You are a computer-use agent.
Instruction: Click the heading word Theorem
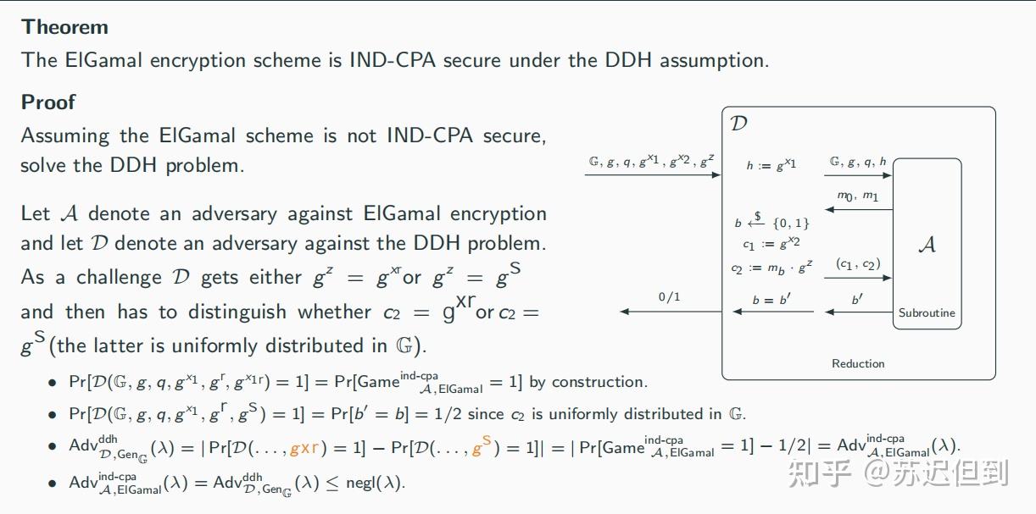click(64, 27)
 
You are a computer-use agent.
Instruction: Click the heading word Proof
click(48, 102)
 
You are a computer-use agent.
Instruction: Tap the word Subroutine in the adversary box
click(927, 312)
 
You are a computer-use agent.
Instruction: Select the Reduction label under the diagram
click(858, 363)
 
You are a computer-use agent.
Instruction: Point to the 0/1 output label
click(670, 297)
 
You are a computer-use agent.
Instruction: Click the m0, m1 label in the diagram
click(858, 196)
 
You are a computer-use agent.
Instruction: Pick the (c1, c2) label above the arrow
click(858, 264)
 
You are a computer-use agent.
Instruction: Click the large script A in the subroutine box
click(927, 245)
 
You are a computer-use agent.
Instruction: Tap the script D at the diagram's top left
click(739, 124)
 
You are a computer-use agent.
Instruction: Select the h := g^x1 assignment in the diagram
click(771, 164)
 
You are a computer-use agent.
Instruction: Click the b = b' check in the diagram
click(770, 300)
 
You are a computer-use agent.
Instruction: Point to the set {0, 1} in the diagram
click(791, 224)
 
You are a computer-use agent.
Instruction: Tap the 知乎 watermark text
click(819, 473)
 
